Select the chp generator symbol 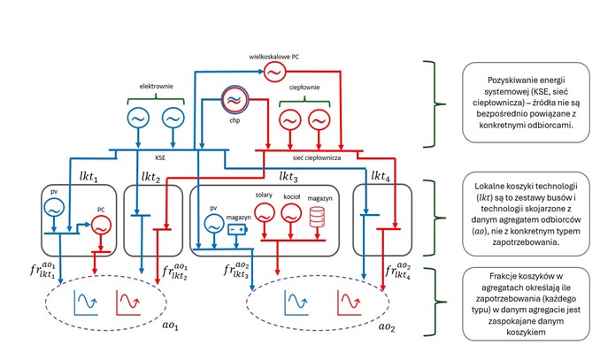click(x=235, y=100)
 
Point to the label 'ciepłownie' click(x=304, y=88)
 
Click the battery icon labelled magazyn click(x=236, y=227)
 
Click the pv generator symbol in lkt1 click(x=50, y=209)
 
